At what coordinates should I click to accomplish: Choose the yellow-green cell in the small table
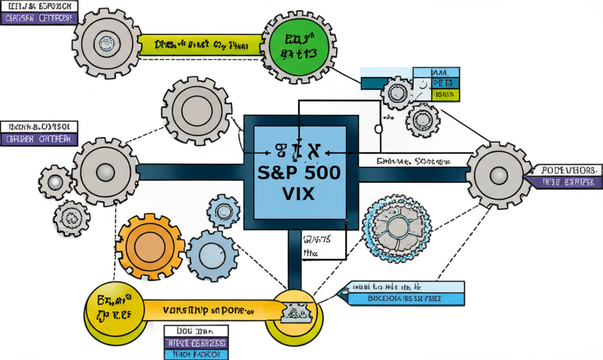445,94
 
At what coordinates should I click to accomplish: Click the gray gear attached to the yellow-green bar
105,43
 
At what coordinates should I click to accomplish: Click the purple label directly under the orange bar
196,344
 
